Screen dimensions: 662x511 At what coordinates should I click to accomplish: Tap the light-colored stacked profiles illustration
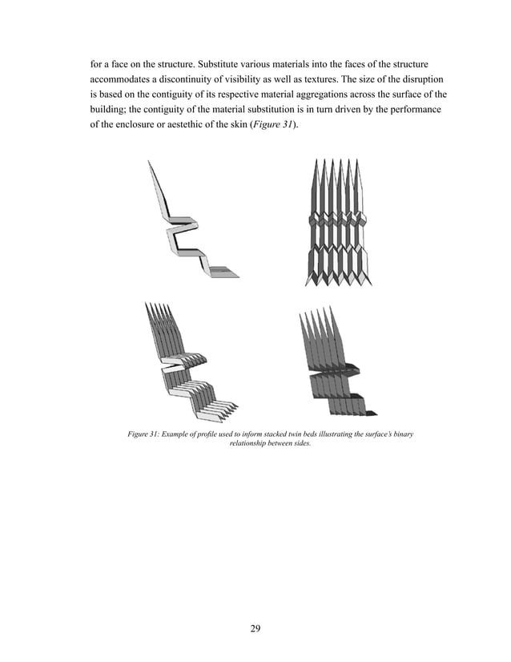tap(189, 361)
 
